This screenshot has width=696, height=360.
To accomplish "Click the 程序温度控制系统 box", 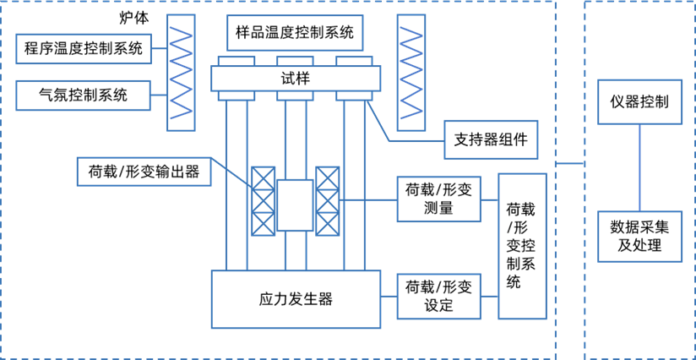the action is pos(84,48).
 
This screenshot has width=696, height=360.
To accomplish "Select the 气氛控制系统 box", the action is pos(84,95).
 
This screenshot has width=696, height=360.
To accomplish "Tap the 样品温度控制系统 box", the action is pos(295,33).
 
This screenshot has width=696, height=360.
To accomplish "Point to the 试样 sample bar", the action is pos(295,78).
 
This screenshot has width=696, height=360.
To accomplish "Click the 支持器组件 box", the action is pos(491,139).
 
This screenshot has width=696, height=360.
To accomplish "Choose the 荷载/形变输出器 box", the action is pos(144,172).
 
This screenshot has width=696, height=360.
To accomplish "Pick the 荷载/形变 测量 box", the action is pos(439,199).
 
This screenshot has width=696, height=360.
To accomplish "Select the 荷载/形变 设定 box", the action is pos(439,297).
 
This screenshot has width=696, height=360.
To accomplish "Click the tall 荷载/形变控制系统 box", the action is pos(522,246).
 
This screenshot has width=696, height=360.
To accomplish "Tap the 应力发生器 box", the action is pos(296,299).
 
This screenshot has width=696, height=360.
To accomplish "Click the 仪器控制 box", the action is pos(639,102).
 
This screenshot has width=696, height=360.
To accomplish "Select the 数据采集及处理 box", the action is pos(639,236).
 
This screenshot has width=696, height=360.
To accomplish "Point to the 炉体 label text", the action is pos(133,19).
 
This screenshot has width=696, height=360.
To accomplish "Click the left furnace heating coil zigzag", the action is pos(181,72).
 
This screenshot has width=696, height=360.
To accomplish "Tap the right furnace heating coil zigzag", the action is pos(411,72).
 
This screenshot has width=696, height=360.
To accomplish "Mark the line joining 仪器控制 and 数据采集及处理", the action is pos(639,167).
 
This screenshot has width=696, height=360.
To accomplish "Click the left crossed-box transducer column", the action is pos(264,201).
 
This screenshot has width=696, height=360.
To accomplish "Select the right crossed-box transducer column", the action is pos(328,201).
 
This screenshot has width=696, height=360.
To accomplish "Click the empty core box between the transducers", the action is pos(295,205).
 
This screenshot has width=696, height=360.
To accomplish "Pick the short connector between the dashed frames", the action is pos(570,163).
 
